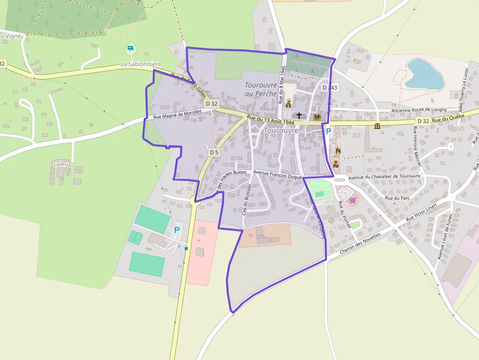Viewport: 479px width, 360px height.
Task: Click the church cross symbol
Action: coord(299,116)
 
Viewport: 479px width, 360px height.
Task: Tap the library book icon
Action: coord(317,117)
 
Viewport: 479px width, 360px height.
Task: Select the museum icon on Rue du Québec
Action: coord(377,126)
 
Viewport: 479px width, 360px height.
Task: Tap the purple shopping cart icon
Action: coord(352,200)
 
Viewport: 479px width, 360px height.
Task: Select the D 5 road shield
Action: coord(214,152)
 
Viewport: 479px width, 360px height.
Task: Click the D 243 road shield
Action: coord(329,88)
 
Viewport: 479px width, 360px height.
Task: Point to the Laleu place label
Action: coord(61,164)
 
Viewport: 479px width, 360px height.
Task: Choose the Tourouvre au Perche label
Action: coord(261,89)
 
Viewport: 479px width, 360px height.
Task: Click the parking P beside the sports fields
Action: coord(176,229)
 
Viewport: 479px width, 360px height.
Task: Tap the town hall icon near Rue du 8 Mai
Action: coord(288,104)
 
